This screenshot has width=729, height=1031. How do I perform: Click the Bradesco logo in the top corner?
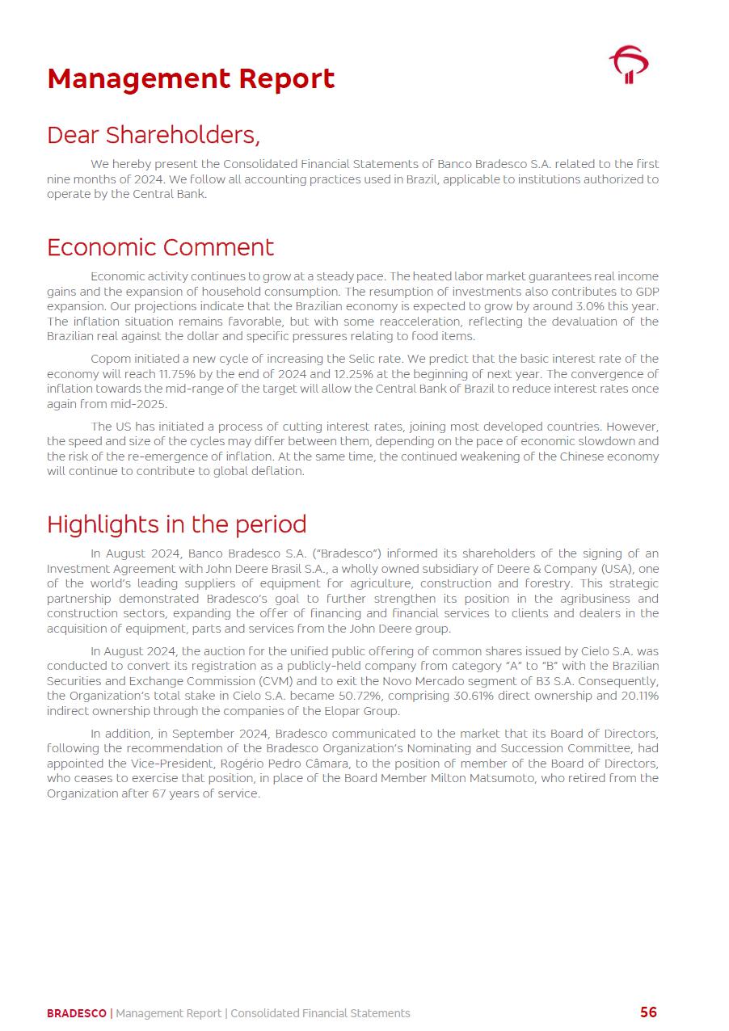[629, 65]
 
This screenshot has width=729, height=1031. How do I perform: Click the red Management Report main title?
[191, 79]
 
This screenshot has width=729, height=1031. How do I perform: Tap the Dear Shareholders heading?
[154, 134]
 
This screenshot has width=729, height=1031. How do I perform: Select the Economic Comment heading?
[160, 246]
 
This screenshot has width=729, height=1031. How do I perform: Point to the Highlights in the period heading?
[176, 524]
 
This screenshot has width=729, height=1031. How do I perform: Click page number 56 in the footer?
[648, 1012]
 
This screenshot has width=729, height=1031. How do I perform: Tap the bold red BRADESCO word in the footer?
[76, 1013]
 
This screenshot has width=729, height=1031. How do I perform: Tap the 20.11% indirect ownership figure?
[638, 696]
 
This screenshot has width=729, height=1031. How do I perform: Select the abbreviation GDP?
[647, 292]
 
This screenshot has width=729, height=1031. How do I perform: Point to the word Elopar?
[336, 711]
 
